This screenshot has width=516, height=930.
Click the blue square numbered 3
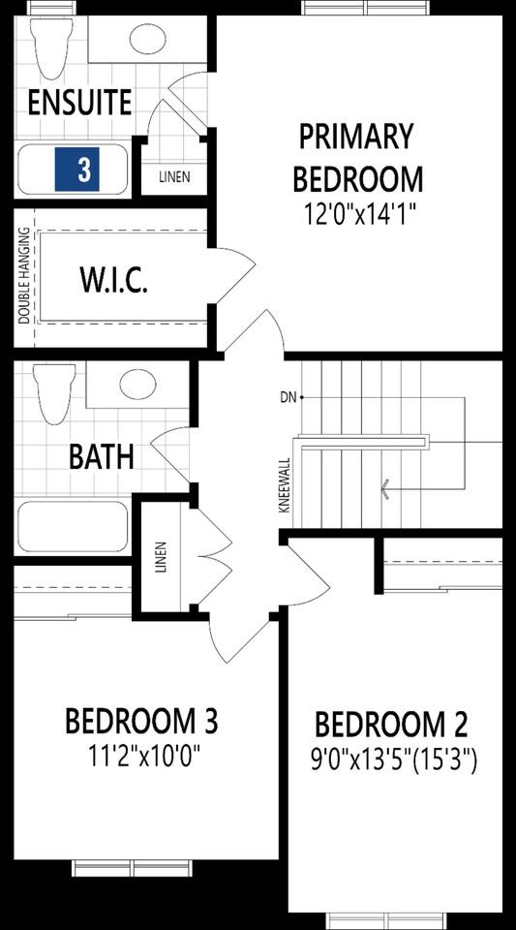(84, 170)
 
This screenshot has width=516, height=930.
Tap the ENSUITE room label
(79, 102)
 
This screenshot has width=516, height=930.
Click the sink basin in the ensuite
(146, 41)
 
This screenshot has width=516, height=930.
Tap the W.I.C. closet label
(112, 282)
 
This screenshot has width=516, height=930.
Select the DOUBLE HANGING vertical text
(24, 276)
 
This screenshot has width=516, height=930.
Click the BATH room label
(102, 457)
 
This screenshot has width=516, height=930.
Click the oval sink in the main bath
(138, 385)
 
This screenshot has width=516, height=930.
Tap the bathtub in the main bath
(73, 525)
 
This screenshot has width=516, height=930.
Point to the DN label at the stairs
(288, 397)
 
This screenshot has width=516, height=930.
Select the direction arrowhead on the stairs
(385, 488)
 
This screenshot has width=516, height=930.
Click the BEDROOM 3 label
(141, 722)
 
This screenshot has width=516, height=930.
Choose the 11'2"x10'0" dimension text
(141, 754)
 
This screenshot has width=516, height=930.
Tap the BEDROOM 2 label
(392, 725)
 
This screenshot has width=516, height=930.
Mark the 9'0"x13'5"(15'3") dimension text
(395, 761)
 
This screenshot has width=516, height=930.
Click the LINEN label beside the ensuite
(174, 177)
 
